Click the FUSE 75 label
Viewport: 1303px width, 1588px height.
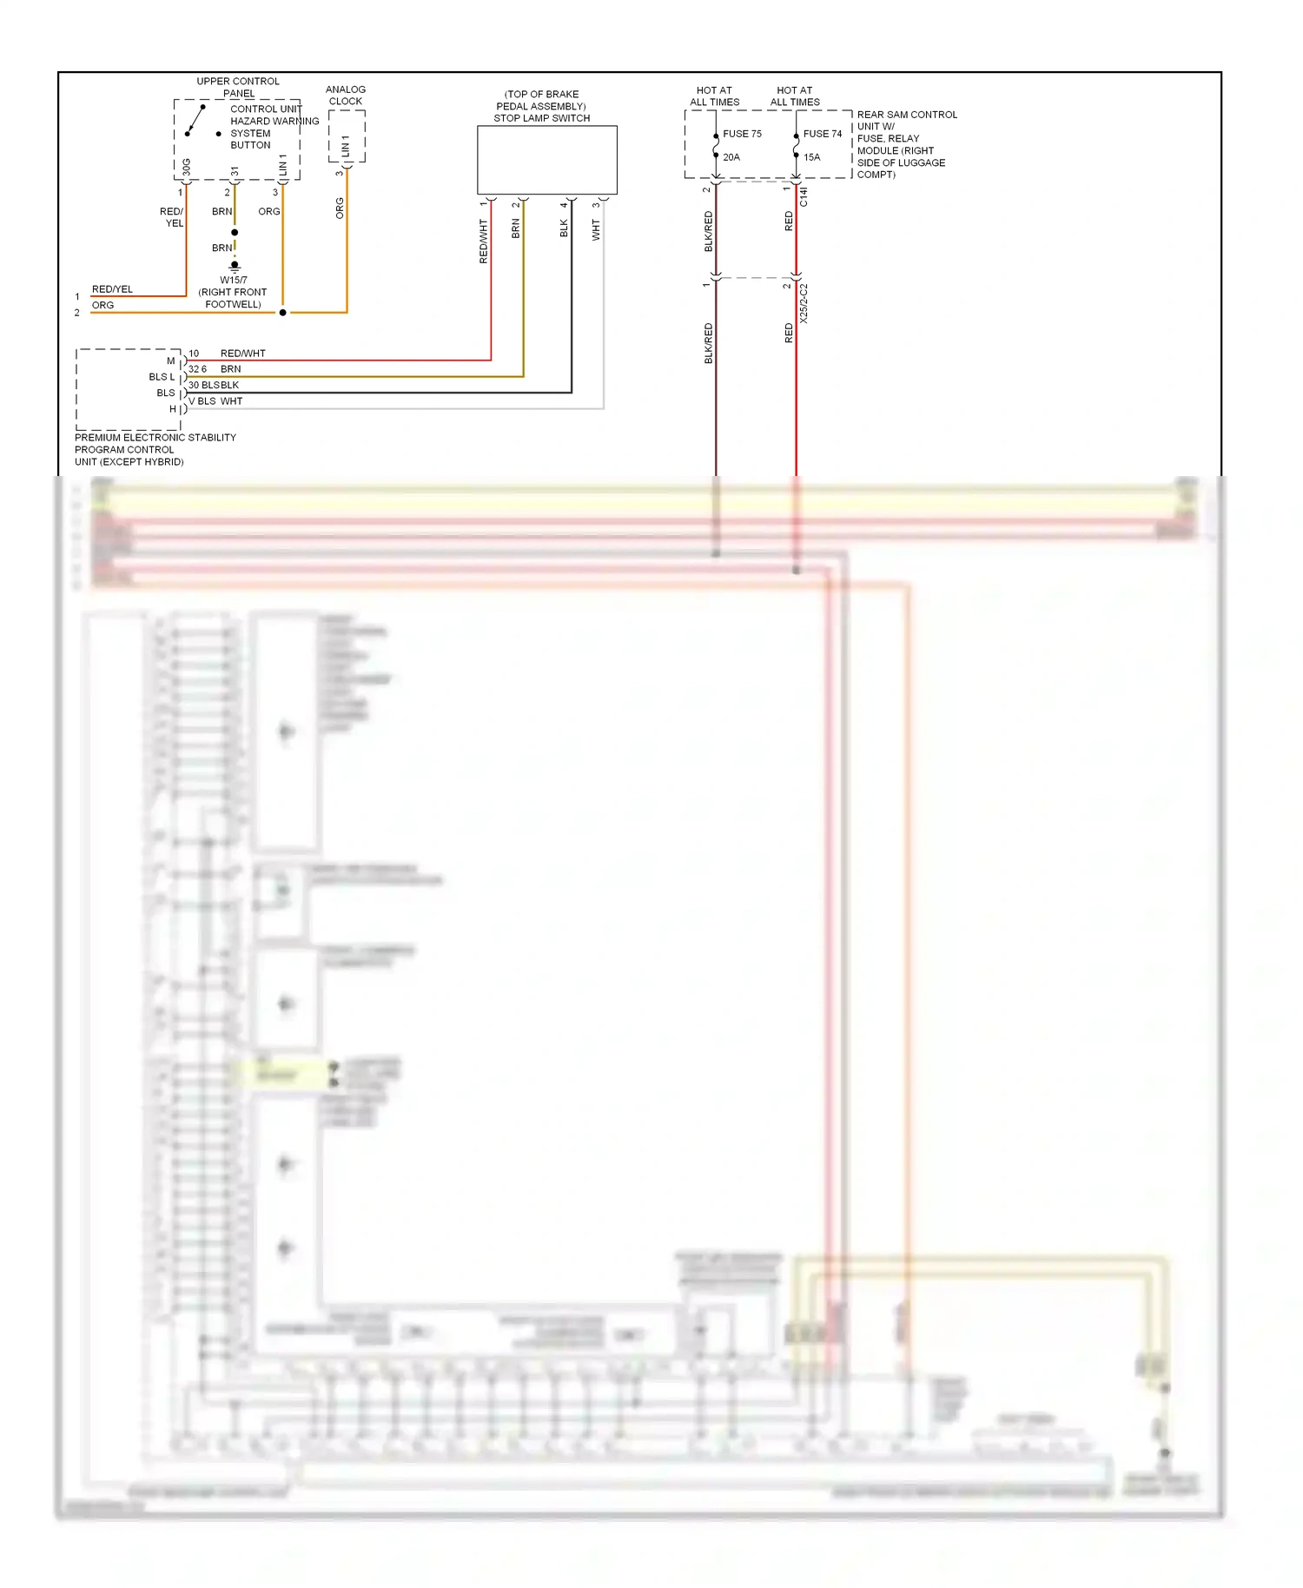(x=742, y=134)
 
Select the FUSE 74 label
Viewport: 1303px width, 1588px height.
(x=822, y=134)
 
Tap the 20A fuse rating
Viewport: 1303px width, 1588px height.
(x=731, y=157)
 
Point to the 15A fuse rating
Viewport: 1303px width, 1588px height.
(x=811, y=157)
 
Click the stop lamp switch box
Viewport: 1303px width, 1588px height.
(x=546, y=160)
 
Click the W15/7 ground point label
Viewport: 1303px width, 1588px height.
(x=233, y=280)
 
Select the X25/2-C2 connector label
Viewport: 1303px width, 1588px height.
(x=804, y=303)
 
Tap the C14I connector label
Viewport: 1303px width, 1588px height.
(x=804, y=196)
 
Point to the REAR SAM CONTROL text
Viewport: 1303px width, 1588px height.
(x=907, y=115)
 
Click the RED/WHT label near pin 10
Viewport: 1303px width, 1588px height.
(x=242, y=354)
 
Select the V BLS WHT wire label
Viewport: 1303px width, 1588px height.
(x=216, y=401)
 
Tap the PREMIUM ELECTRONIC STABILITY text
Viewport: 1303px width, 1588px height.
(x=155, y=438)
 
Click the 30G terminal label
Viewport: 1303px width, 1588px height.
(x=187, y=166)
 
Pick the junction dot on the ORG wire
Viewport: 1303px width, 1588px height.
(x=282, y=313)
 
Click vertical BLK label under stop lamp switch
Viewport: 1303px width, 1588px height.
(x=564, y=228)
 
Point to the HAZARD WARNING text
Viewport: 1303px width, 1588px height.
(x=274, y=122)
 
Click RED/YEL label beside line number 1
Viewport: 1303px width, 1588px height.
(x=112, y=289)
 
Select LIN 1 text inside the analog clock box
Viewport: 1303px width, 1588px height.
(x=346, y=145)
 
